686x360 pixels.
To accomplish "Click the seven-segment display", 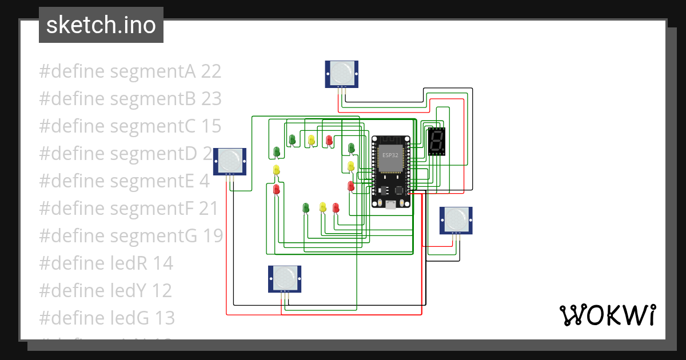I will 436,142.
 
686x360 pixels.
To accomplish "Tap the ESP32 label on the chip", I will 390,154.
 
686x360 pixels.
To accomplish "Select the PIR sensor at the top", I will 342,74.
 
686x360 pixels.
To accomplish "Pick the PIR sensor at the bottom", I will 285,278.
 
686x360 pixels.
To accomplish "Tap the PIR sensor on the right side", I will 456,220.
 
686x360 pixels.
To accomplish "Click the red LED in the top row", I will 329,139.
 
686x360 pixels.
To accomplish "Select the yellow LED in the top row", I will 312,139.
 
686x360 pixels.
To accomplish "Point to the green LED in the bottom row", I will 305,207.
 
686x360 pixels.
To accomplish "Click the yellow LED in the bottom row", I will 322,207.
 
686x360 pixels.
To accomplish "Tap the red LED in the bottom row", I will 336,207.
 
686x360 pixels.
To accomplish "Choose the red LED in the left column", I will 277,188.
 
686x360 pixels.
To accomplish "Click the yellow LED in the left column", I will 277,170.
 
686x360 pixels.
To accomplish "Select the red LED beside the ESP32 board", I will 351,185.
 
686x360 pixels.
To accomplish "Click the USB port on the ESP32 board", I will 390,205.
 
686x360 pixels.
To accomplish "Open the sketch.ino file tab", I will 101,25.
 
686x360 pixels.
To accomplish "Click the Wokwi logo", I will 607,315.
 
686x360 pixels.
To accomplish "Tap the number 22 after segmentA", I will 211,71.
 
